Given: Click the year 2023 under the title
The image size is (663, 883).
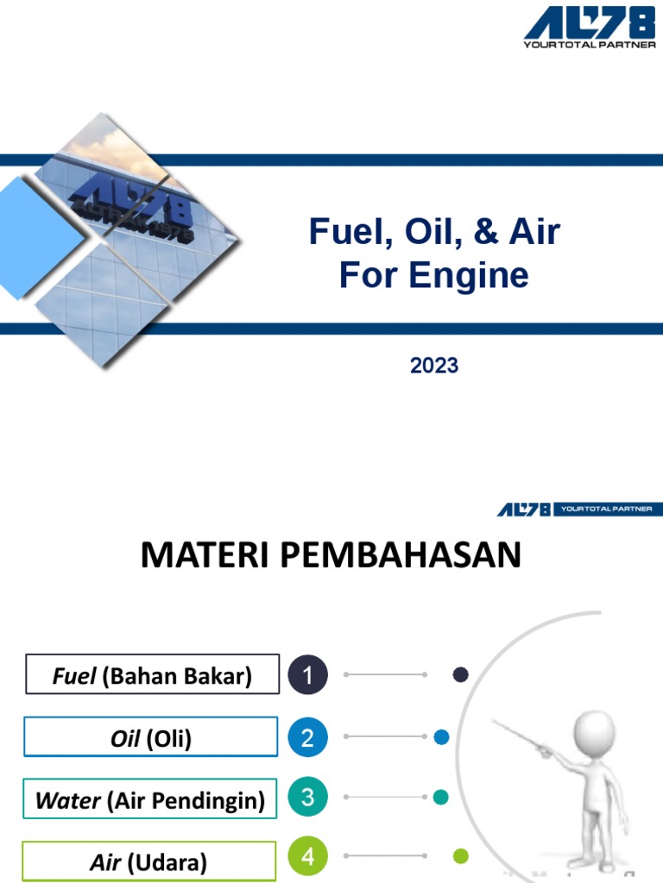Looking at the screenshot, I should pos(434,366).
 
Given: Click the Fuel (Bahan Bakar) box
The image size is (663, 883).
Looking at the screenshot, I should pos(152,674).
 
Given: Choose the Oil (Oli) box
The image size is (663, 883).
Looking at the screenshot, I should pos(151,738).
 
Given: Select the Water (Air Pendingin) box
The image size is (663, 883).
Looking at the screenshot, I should pos(150,799).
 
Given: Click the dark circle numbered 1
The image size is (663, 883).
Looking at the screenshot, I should pos(308,675).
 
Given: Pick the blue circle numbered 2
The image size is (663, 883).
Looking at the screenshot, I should pos(308,738).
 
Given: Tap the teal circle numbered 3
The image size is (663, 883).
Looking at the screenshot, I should pos(308,798).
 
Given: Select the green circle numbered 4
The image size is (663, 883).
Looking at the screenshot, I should pos(308,858).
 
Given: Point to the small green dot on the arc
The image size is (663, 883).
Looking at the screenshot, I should pos(461,856).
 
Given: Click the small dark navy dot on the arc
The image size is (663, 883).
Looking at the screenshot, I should pos(461,675).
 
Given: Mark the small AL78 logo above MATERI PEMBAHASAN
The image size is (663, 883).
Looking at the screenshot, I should pos(523,510).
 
